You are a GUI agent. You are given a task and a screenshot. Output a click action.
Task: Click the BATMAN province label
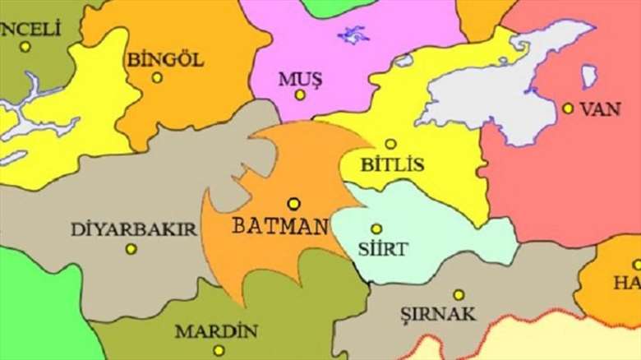(279, 225)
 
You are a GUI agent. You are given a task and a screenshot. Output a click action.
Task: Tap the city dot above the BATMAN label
(293, 203)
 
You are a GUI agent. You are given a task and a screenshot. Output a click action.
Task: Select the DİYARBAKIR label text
(134, 229)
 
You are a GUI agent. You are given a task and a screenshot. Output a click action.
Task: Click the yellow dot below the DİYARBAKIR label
(131, 249)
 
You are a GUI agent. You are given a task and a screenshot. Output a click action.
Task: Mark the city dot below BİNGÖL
(157, 78)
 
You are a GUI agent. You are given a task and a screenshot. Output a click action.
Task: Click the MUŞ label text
(300, 78)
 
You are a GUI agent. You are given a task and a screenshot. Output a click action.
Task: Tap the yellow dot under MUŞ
(300, 95)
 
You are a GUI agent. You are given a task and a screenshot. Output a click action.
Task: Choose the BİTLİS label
(393, 164)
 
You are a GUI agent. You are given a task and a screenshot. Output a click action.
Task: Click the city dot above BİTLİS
(390, 144)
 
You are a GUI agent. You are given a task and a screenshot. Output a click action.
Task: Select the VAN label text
(600, 108)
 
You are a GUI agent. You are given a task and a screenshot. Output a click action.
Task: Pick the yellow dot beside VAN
(568, 108)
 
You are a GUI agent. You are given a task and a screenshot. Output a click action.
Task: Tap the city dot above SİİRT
(376, 228)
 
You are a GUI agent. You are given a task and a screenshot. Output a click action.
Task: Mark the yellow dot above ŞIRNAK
(459, 294)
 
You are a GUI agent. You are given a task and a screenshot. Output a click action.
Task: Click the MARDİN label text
(215, 332)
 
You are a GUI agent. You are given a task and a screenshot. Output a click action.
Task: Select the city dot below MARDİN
(219, 350)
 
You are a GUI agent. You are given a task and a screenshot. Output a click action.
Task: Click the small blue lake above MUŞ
(354, 35)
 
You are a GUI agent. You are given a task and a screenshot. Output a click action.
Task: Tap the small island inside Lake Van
(588, 76)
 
